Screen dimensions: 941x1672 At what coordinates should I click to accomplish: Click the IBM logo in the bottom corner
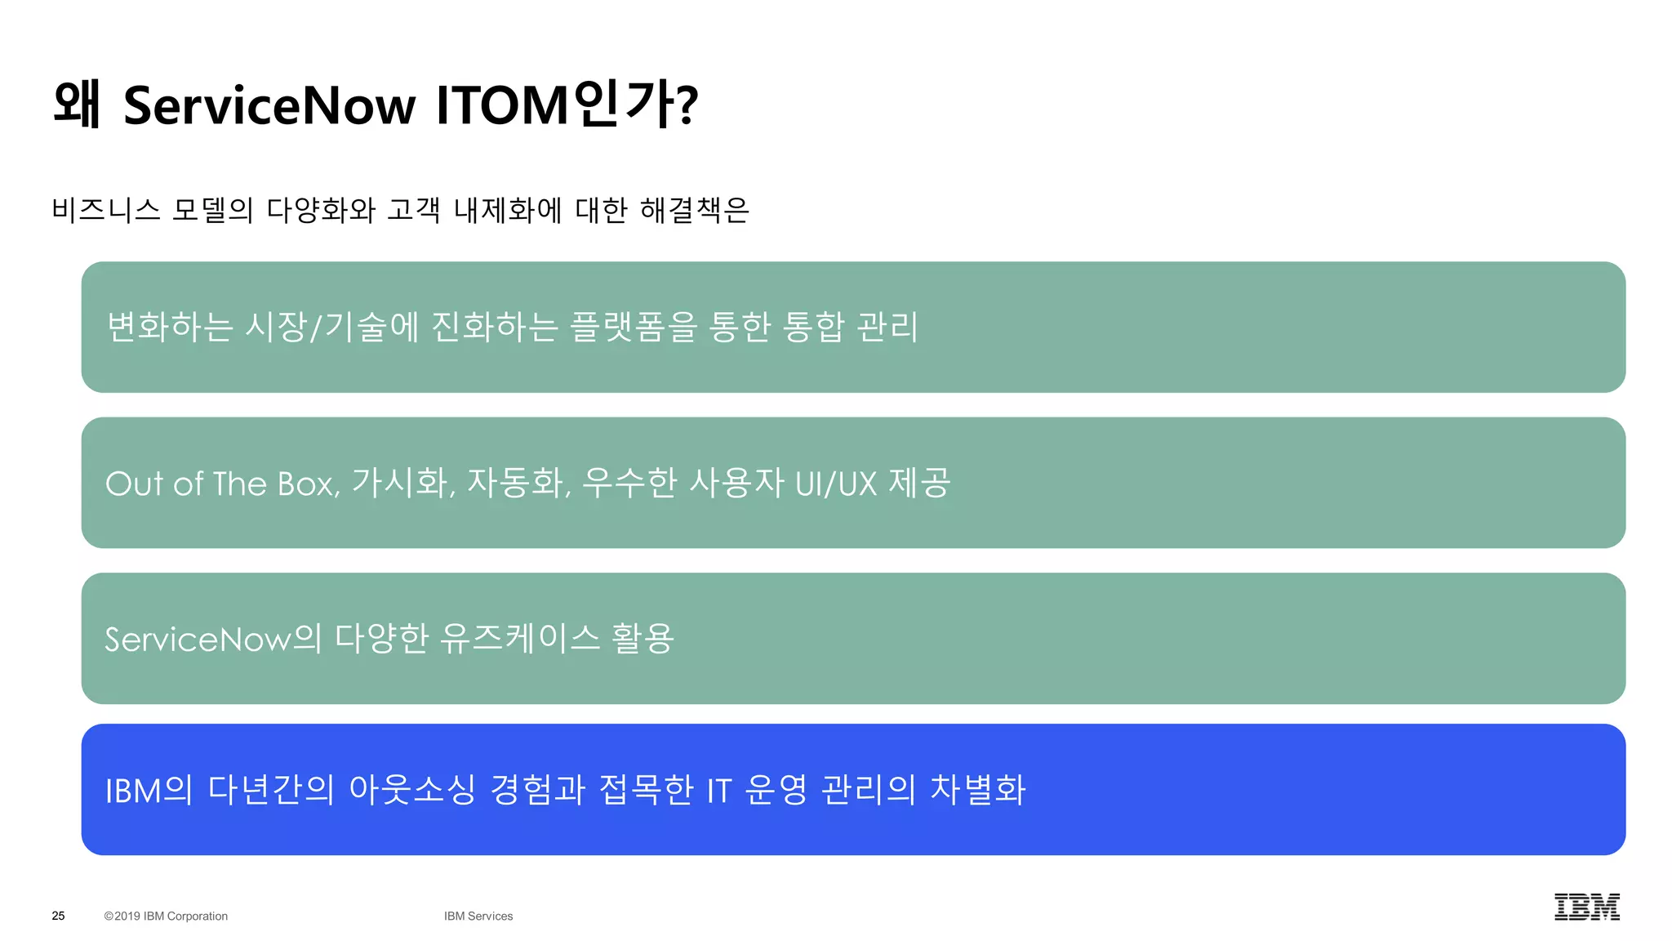[x=1586, y=907]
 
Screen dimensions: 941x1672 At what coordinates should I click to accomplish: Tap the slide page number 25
[x=58, y=916]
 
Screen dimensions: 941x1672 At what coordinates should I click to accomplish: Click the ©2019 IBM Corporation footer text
[x=166, y=916]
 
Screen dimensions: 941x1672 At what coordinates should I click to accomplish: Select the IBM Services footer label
[x=478, y=916]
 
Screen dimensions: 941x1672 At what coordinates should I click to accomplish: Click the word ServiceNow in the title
[x=269, y=105]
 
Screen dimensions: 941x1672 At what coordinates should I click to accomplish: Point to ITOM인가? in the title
[x=567, y=105]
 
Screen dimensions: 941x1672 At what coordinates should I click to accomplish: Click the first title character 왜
[x=77, y=105]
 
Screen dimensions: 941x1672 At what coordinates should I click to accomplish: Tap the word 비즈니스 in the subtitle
[x=106, y=210]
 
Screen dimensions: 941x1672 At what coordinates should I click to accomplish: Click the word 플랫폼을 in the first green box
[x=634, y=327]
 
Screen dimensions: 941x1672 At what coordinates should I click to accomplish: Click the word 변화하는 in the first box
[x=170, y=327]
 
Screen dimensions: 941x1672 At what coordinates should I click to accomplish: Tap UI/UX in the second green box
[x=835, y=484]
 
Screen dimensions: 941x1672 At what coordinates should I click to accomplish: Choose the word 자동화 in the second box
[x=517, y=483]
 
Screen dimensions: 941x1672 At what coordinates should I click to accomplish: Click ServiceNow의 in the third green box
[x=213, y=639]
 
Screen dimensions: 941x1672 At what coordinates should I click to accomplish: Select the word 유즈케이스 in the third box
[x=520, y=639]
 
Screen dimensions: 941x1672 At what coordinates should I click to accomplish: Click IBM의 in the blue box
[x=149, y=790]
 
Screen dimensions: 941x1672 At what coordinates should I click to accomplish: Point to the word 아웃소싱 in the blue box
[x=412, y=790]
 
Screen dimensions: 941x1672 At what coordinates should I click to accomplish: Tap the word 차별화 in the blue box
[x=978, y=790]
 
